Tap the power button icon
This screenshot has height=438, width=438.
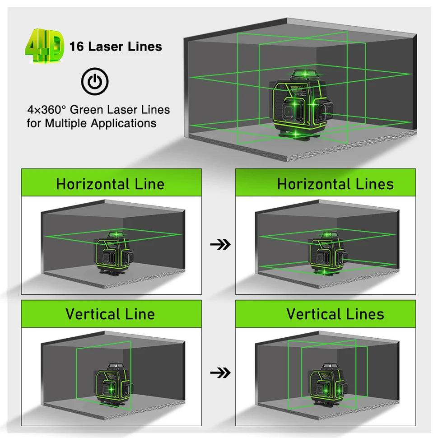(95, 81)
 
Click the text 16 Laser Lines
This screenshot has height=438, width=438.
(116, 47)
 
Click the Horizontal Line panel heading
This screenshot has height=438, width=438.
(111, 184)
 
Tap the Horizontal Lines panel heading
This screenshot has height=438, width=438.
(335, 184)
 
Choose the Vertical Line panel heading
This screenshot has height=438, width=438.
(110, 314)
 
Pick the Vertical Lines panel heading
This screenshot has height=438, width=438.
(335, 314)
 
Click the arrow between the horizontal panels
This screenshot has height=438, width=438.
(220, 245)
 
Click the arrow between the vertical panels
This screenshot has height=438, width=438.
(220, 373)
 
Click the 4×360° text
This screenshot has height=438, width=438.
(47, 110)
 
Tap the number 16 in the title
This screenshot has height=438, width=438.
(77, 47)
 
